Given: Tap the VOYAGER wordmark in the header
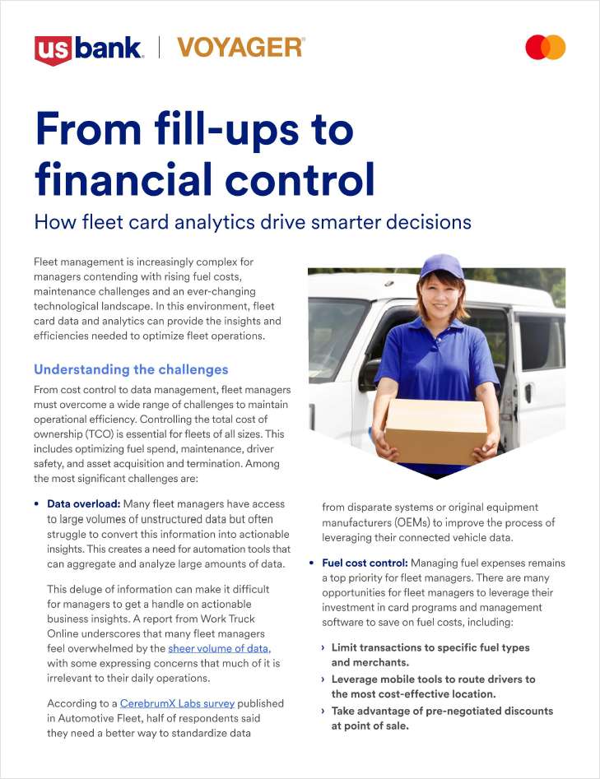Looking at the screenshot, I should tap(240, 48).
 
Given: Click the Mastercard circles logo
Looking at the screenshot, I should tap(545, 48).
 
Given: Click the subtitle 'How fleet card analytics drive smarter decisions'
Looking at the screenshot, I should tap(252, 221).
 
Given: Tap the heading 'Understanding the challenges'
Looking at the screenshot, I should tap(131, 369).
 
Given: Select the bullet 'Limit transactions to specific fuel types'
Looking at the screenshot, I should tap(430, 647).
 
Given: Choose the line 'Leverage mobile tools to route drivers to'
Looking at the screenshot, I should tap(433, 679).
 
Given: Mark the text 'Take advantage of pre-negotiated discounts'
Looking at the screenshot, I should tap(442, 711).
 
